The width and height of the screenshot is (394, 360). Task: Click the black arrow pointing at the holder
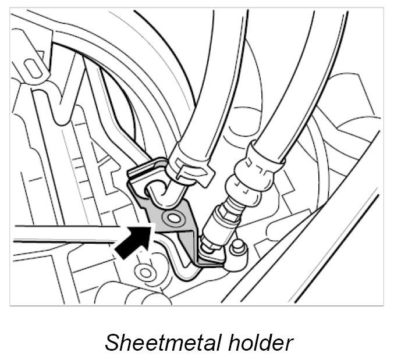tap(131, 241)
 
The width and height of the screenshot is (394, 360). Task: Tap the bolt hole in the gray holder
tap(171, 219)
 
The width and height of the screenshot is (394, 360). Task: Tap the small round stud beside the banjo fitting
tap(235, 247)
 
